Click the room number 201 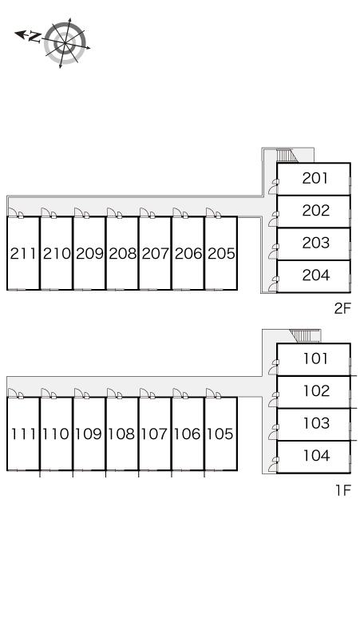click(x=315, y=178)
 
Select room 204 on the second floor click(x=316, y=275)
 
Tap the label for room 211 click(x=23, y=253)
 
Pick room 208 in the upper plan click(x=122, y=253)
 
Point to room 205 click(x=221, y=253)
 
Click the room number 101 click(x=315, y=359)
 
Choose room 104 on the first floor click(x=316, y=456)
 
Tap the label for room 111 click(x=23, y=434)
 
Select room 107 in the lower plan click(x=154, y=434)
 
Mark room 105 click(x=220, y=434)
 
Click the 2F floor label click(x=342, y=308)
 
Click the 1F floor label click(x=342, y=490)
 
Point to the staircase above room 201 click(x=287, y=155)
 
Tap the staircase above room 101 click(x=303, y=336)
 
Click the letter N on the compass click(x=34, y=38)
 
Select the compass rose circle click(x=65, y=43)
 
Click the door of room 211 click(x=14, y=213)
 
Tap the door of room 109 click(x=79, y=394)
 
